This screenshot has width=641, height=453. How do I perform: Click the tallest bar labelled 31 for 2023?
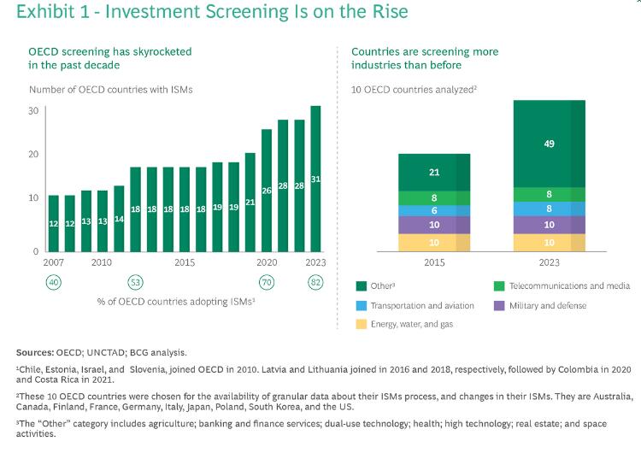[x=315, y=179]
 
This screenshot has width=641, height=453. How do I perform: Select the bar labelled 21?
[x=250, y=203]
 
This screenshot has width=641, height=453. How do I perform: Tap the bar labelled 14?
[x=119, y=219]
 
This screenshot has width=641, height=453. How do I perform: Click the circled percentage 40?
[x=53, y=282]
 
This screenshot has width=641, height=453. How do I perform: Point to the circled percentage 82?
[x=315, y=282]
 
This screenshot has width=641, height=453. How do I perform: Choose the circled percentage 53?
[x=135, y=282]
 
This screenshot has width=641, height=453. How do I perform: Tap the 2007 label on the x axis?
[x=53, y=262]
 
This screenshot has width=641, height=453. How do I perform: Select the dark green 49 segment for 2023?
[x=549, y=144]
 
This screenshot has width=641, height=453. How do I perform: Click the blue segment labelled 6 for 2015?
[x=434, y=210]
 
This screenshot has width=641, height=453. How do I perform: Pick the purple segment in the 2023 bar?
[x=549, y=225]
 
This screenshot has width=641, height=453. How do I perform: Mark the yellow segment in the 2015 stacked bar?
[x=434, y=243]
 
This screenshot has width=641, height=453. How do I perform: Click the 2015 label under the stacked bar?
[x=434, y=262]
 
